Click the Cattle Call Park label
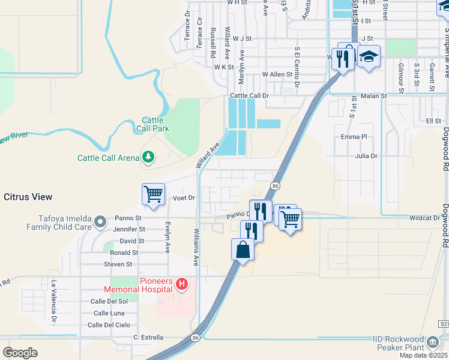click(x=155, y=124)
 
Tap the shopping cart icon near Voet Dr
click(x=153, y=194)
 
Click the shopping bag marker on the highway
click(x=243, y=250)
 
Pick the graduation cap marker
click(x=369, y=57)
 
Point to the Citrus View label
click(x=28, y=197)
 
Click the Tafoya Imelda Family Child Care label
click(x=59, y=223)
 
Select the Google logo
click(x=20, y=352)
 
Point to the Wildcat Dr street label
click(x=425, y=218)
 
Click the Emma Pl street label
click(x=354, y=137)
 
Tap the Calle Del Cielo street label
click(x=109, y=325)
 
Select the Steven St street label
click(x=118, y=264)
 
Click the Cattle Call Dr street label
click(x=250, y=95)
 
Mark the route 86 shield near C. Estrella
click(x=196, y=338)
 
